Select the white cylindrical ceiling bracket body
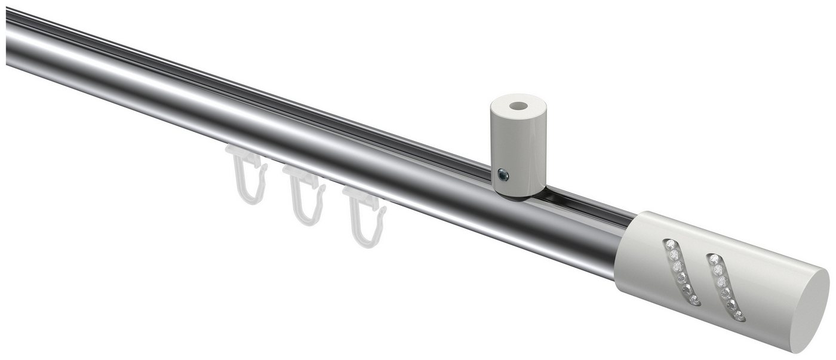click(x=518, y=149)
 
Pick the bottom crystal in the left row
click(x=696, y=301)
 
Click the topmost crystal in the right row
click(x=713, y=259)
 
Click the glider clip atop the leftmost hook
click(x=245, y=156)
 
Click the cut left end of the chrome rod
click(x=8, y=36)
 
